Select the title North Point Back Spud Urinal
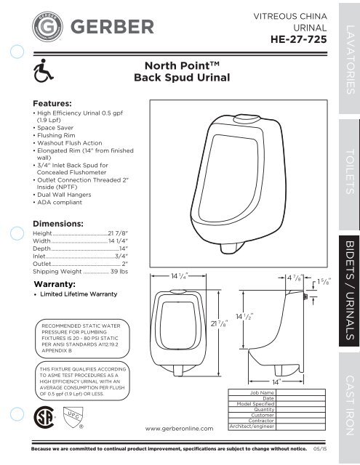pos(178,71)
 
